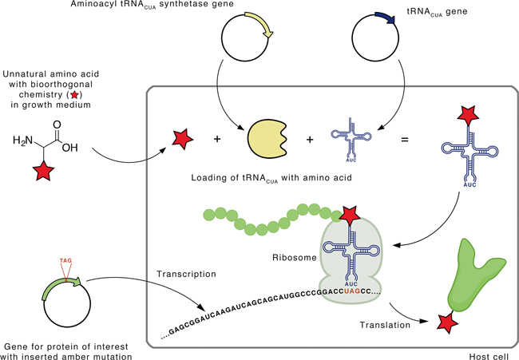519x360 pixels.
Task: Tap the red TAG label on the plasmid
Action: (65, 260)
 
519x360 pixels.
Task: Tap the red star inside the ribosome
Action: (349, 214)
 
